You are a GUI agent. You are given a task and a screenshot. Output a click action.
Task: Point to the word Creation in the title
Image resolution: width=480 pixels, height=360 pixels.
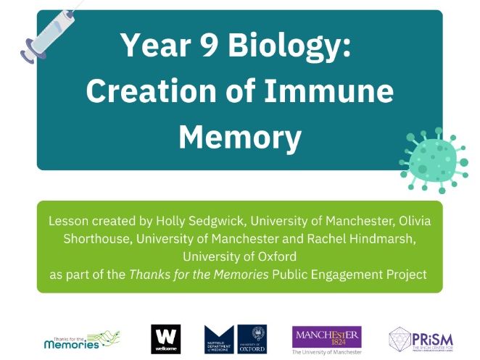(x=145, y=92)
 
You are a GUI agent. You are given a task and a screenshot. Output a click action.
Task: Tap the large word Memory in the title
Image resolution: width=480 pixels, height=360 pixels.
(x=239, y=137)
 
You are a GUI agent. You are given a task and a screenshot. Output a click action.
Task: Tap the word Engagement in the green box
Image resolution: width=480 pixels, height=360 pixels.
(x=349, y=275)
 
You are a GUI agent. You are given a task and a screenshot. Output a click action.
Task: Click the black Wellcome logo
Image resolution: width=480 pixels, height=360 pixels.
(x=165, y=338)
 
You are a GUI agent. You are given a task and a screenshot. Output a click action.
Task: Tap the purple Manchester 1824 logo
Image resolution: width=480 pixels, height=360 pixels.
(x=326, y=338)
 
